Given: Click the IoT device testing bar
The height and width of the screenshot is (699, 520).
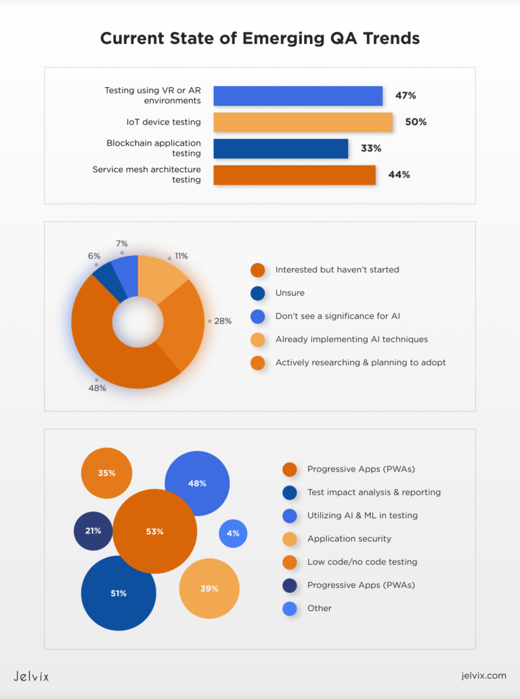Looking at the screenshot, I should pos(303,123).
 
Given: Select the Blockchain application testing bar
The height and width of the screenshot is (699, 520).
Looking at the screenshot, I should pos(280,148).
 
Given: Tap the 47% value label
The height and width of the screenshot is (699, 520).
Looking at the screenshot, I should pos(406,96).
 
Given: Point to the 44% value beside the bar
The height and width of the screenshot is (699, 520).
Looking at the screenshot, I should pos(399,175).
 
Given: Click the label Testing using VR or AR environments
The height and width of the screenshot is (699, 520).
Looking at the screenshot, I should pos(153,96).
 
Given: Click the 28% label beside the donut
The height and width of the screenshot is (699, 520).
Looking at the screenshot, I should pos(223,321).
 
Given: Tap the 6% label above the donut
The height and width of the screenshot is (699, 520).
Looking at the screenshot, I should pos(94,256).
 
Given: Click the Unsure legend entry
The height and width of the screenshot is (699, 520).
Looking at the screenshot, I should pos(290,293).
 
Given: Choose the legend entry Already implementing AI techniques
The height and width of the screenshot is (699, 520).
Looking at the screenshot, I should pos(351,339).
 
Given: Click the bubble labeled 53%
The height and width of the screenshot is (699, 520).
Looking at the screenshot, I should pos(154,532).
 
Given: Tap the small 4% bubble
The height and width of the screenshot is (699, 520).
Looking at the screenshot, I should pos(233,534).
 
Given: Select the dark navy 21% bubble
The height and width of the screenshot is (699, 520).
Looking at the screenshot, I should pos(93,531).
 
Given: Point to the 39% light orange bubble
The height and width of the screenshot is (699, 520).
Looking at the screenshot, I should pos(209,589).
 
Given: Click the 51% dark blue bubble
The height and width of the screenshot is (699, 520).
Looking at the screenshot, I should pos(118,593).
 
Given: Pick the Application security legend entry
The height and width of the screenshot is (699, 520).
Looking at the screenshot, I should pos(349,538).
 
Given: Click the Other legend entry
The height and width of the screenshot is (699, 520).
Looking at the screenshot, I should pos(319,608).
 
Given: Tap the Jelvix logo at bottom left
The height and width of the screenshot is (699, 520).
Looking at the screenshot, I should pos(32,676).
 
